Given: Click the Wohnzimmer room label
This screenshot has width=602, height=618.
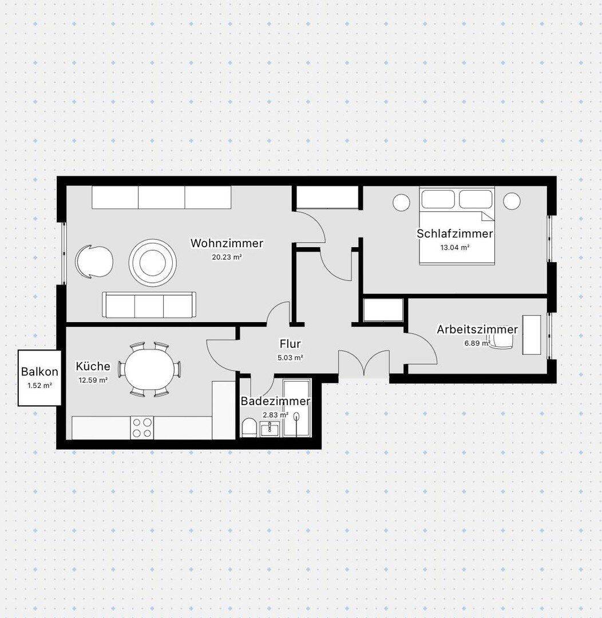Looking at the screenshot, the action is (x=227, y=243).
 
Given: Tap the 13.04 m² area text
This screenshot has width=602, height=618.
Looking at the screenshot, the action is (x=455, y=248).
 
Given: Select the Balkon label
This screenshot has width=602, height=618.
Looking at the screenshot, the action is (x=39, y=371).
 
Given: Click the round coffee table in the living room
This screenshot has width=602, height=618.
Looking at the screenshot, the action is (x=153, y=263).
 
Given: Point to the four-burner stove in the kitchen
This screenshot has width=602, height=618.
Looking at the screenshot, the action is (x=142, y=427).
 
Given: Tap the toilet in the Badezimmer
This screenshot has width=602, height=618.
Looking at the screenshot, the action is (x=249, y=427).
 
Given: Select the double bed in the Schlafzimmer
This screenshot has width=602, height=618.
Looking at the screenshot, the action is (x=457, y=225).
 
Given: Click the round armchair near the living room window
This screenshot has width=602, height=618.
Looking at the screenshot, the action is (x=94, y=262).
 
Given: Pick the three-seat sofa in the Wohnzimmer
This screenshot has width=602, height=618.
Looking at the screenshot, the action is (x=149, y=304).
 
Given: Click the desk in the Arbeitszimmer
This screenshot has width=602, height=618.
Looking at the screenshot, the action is (x=532, y=335).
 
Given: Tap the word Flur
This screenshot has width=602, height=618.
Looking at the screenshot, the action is (x=290, y=344).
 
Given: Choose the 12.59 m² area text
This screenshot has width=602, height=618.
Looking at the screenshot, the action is (x=93, y=381).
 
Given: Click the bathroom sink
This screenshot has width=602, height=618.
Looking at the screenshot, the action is (x=270, y=429).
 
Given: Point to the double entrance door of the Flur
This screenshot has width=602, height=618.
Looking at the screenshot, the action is (x=364, y=364).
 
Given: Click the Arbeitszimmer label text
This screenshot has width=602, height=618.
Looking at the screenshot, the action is (x=477, y=330).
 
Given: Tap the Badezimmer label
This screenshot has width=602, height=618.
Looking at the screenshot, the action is (x=275, y=401).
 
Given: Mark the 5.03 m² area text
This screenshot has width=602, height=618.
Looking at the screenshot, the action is (x=290, y=358).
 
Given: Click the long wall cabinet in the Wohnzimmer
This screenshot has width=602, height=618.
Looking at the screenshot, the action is (x=161, y=197).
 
